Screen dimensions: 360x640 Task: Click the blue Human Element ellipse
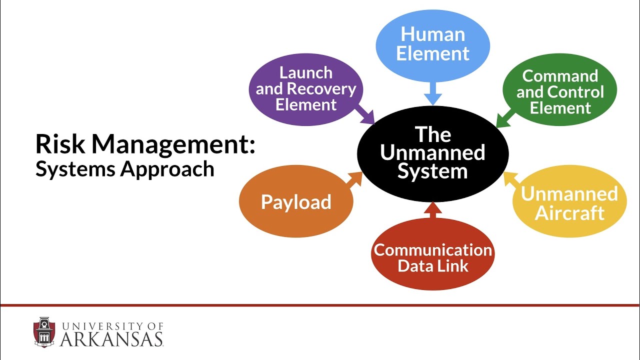(432, 44)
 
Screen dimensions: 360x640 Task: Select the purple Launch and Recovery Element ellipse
(306, 89)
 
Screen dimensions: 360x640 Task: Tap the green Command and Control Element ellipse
(560, 91)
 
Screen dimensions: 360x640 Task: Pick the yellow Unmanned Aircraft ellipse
(569, 202)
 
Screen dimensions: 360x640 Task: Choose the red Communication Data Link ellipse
(432, 256)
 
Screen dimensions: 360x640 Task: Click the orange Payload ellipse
(296, 202)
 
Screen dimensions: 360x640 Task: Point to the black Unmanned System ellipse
(432, 153)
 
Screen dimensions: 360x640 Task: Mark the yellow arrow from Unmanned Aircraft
(511, 179)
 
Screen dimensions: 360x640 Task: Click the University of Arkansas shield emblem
(44, 332)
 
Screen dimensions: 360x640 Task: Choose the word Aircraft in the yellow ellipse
(569, 213)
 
